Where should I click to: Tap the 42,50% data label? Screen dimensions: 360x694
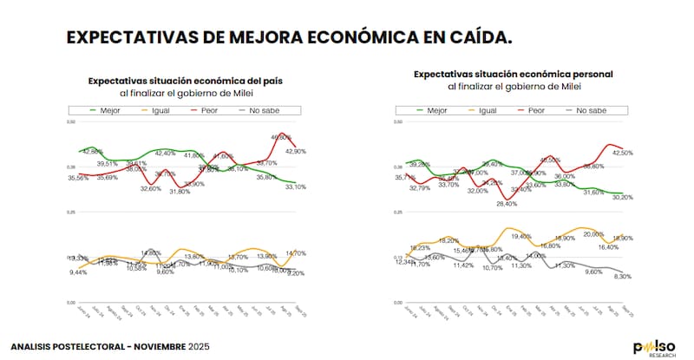coord(623,153)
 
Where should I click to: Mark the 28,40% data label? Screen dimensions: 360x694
coord(507,204)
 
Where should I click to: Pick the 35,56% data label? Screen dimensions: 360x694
coord(78,178)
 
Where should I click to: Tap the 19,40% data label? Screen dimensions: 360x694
coord(521,236)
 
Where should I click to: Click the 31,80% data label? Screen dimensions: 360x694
coord(180,191)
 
